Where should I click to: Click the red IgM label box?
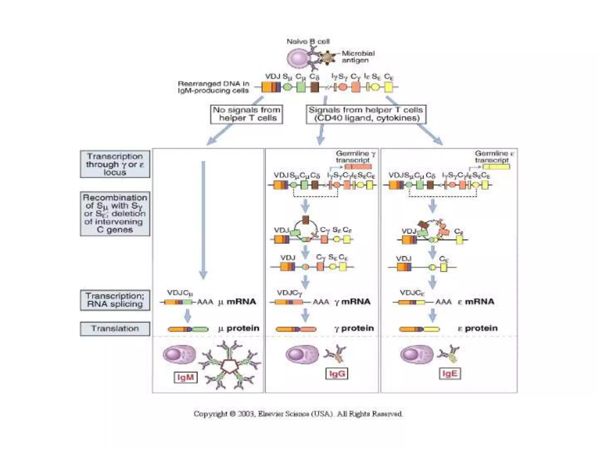click(185, 377)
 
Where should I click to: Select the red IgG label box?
click(337, 374)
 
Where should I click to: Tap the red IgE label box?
click(450, 374)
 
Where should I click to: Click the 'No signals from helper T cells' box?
click(246, 114)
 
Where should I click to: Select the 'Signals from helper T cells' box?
click(366, 114)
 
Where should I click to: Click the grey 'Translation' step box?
click(115, 329)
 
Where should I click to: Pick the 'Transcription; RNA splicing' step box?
click(115, 300)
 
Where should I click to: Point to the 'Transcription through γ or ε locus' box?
click(115, 164)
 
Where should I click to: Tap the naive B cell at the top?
click(298, 58)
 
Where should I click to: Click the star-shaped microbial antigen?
click(327, 57)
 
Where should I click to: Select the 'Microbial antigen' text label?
click(358, 57)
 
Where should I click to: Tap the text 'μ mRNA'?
click(237, 302)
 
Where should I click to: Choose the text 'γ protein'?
click(354, 328)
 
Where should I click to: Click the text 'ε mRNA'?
click(476, 302)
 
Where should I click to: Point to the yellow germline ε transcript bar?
click(496, 167)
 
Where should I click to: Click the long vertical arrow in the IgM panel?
click(203, 219)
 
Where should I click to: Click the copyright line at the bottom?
click(298, 414)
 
